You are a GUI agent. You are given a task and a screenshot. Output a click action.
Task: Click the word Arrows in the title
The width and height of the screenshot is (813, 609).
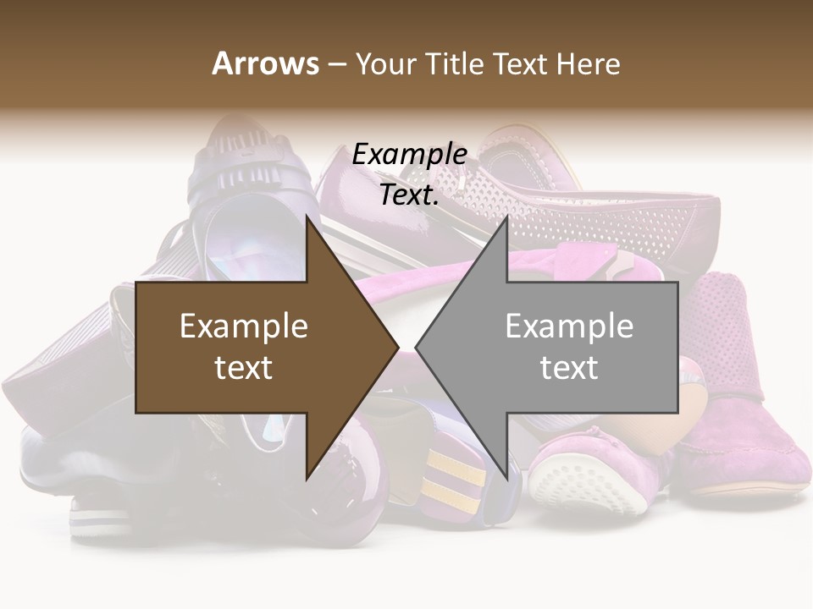click(266, 63)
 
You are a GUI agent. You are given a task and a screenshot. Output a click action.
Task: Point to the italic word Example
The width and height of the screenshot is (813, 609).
click(410, 155)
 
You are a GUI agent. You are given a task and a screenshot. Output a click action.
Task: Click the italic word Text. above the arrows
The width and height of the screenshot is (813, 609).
click(410, 195)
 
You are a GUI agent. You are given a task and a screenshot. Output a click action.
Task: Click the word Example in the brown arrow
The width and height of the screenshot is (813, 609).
click(244, 326)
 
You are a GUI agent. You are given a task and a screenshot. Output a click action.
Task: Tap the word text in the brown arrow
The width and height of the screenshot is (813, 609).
click(244, 368)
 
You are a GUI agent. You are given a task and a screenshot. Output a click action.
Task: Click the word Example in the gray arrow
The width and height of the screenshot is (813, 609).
click(569, 326)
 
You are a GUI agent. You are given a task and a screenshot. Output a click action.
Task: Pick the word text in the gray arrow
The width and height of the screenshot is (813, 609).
click(569, 368)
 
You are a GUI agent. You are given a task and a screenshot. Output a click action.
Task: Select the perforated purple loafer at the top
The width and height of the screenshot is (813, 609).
click(610, 211)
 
